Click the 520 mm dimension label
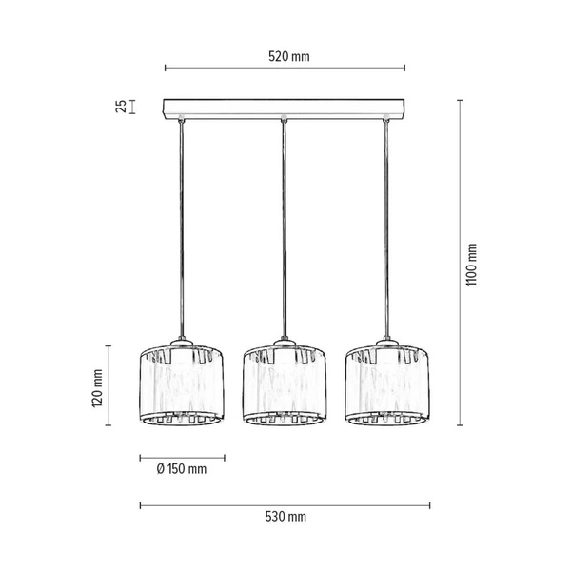pyautogui.click(x=288, y=57)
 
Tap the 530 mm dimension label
pyautogui.click(x=285, y=517)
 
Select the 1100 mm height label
pyautogui.click(x=473, y=263)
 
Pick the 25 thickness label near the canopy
pyautogui.click(x=121, y=106)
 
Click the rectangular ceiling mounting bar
pyautogui.click(x=285, y=107)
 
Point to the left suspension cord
pyautogui.click(x=181, y=228)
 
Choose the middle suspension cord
pyautogui.click(x=284, y=228)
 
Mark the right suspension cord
pyautogui.click(x=386, y=228)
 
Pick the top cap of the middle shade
pyautogui.click(x=284, y=341)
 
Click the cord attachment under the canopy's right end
pyautogui.click(x=386, y=119)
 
